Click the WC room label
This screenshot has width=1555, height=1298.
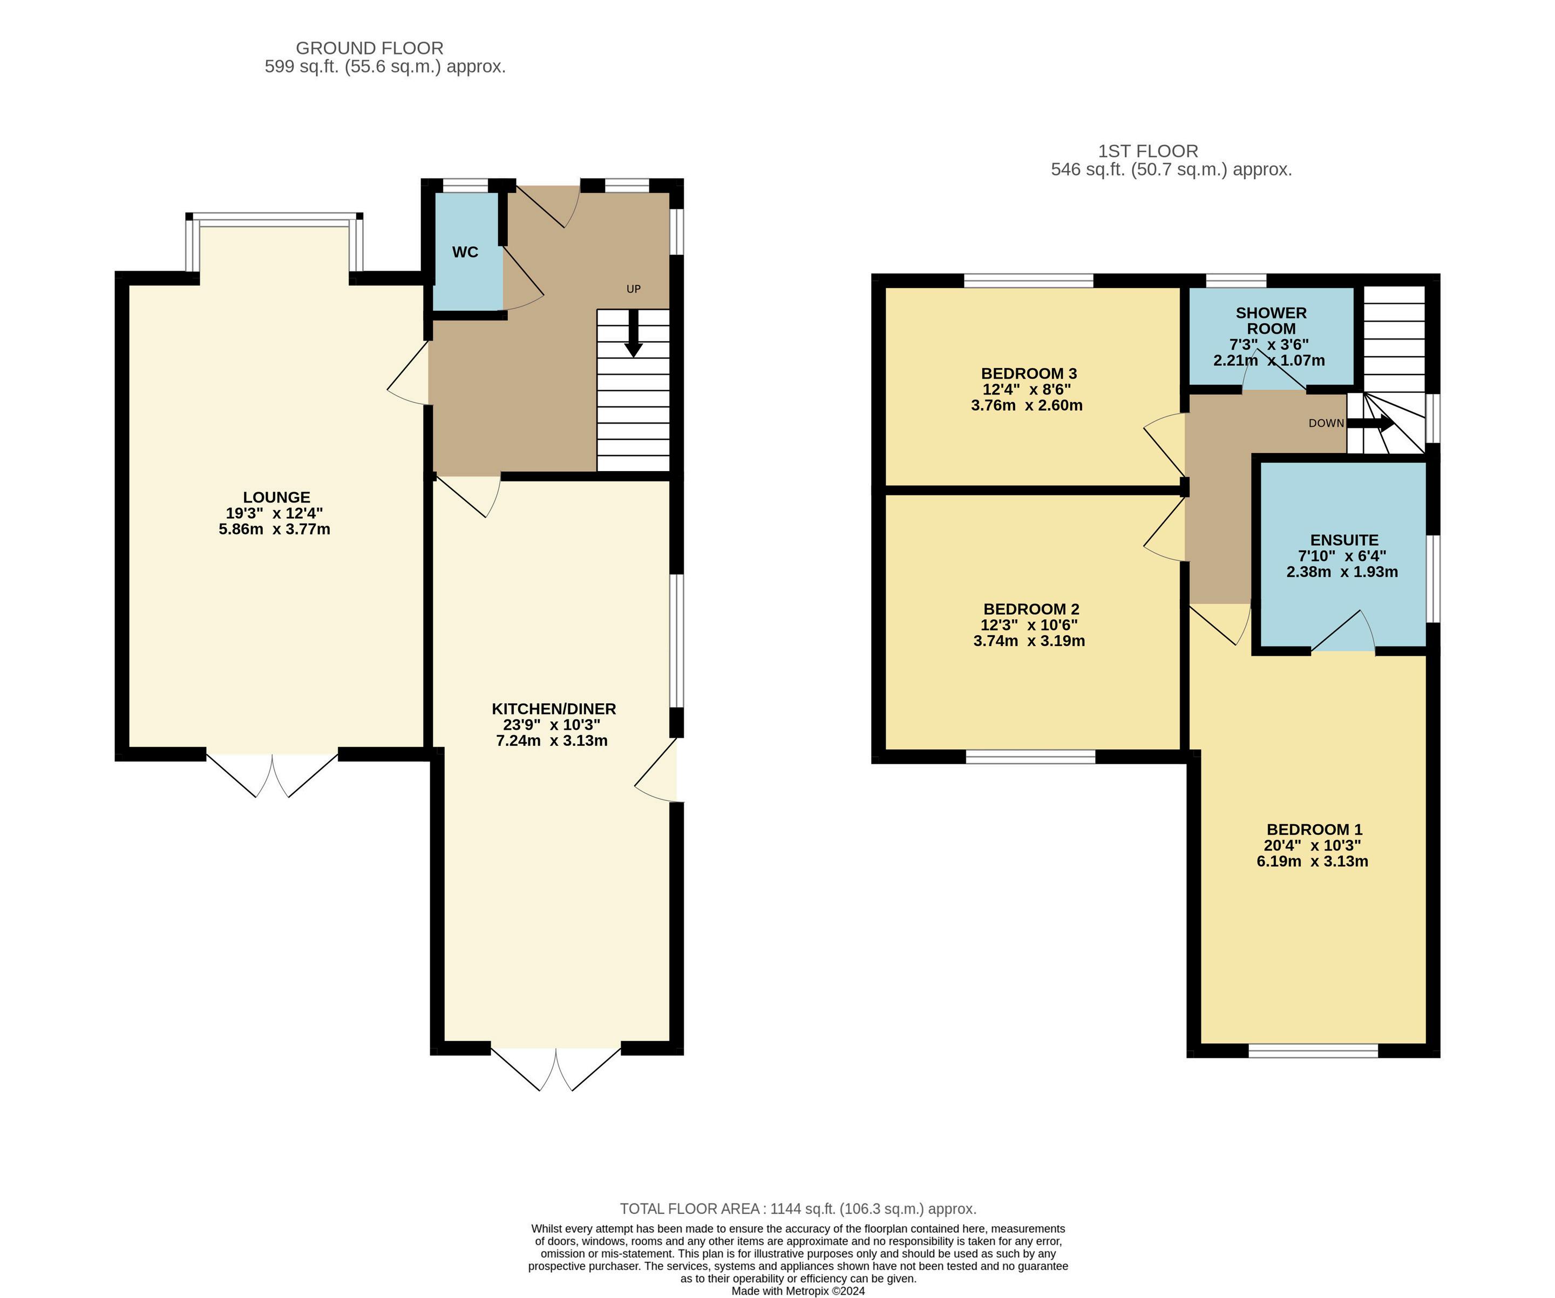click(x=465, y=253)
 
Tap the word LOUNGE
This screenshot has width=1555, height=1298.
click(x=276, y=498)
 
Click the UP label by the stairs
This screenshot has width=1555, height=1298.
click(x=633, y=289)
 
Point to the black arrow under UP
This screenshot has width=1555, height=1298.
click(x=633, y=332)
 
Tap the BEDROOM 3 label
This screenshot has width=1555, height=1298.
click(x=1029, y=374)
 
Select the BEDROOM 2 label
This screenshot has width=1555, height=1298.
click(x=1031, y=609)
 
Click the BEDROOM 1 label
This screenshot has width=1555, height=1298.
click(x=1314, y=830)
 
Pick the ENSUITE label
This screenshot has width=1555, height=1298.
click(x=1344, y=541)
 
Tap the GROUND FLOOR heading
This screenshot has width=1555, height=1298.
click(x=370, y=48)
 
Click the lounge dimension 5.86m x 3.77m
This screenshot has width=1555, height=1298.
click(x=275, y=529)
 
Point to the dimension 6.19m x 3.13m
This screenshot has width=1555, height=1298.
click(x=1312, y=862)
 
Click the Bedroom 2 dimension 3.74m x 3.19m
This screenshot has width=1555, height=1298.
click(x=1029, y=641)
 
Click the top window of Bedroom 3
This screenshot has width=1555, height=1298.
click(x=1029, y=281)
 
